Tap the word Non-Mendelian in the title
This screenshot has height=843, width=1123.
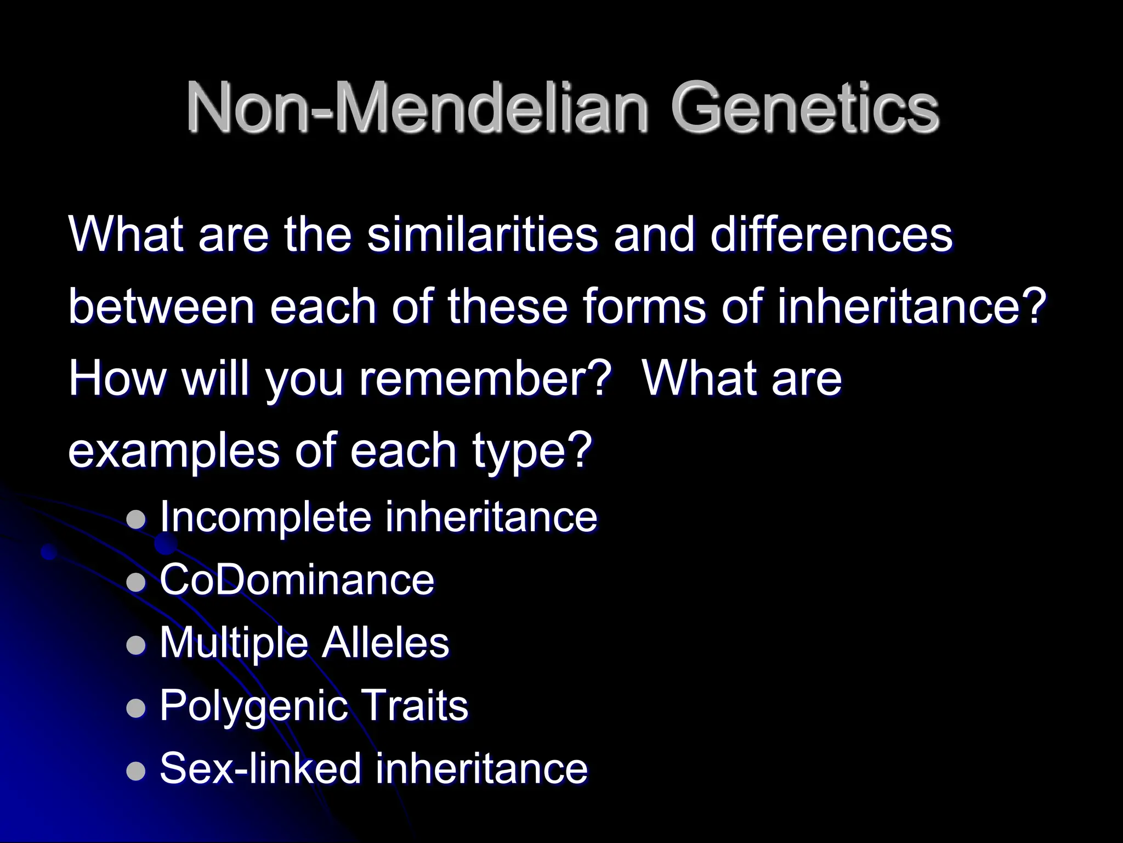coord(417,108)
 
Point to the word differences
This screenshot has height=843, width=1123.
coord(831,235)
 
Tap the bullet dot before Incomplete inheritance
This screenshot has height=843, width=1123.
coord(136,519)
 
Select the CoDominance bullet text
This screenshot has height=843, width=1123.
coord(297,580)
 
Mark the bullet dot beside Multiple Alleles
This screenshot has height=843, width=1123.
coord(136,645)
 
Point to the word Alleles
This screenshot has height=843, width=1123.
coord(385,643)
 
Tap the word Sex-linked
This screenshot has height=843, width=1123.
coord(260,768)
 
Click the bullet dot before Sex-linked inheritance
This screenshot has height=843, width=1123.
coord(136,770)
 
